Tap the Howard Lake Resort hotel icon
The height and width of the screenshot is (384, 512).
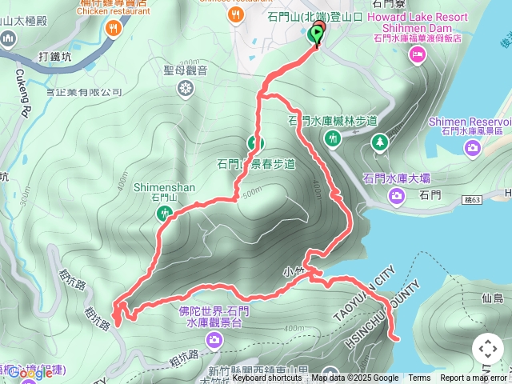click(x=416, y=54)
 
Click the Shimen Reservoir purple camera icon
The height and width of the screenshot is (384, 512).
click(x=474, y=147)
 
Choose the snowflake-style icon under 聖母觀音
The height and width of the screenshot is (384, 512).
click(x=186, y=87)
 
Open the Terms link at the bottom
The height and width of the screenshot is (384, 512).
click(x=419, y=378)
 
